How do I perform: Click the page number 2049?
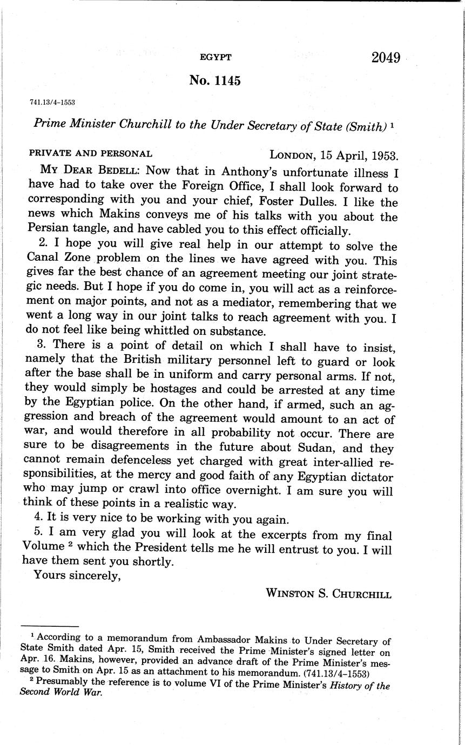tap(386, 58)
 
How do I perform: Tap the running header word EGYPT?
tap(215, 57)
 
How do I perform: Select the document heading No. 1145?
tap(215, 80)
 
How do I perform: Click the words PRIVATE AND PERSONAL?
tap(90, 153)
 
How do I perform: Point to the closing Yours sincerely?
tap(77, 575)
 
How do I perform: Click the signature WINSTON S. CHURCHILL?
tap(328, 594)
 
